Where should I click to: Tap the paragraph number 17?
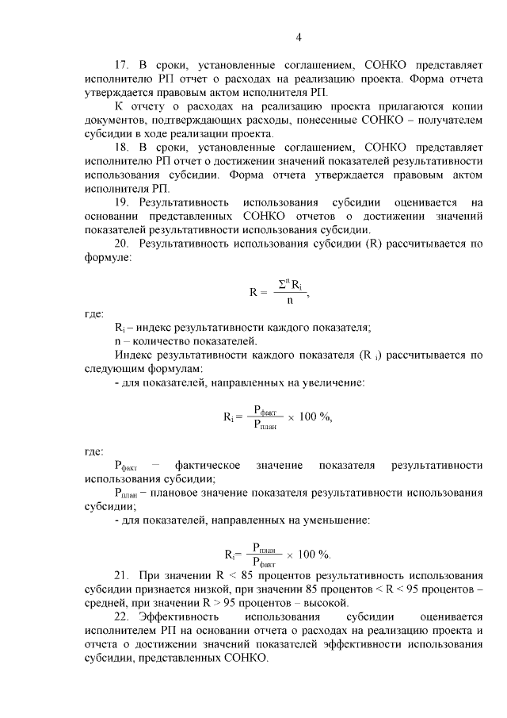122,65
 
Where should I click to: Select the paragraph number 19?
122,203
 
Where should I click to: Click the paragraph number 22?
122,616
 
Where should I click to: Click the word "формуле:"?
109,258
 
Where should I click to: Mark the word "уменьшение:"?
333,520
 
